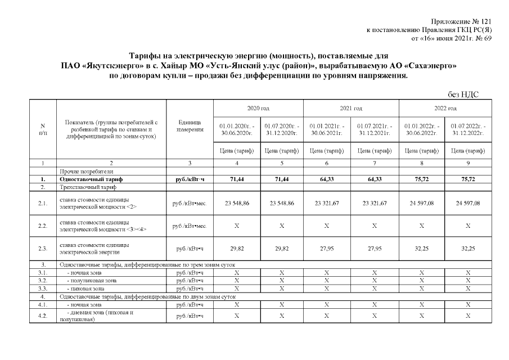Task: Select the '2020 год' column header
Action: click(x=258, y=107)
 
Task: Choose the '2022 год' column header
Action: click(x=445, y=107)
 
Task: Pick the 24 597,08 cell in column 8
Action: click(x=422, y=203)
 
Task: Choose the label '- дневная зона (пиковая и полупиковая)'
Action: click(x=96, y=315)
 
